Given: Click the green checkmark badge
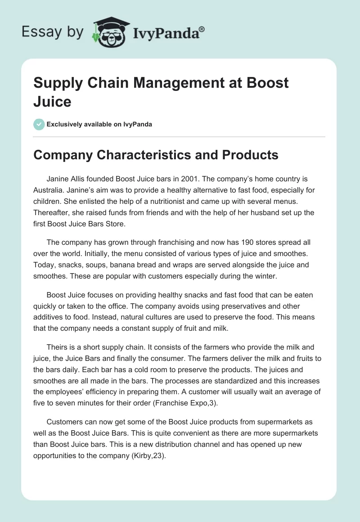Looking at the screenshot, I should (x=39, y=124).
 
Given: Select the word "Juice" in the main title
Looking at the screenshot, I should (x=52, y=101).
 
